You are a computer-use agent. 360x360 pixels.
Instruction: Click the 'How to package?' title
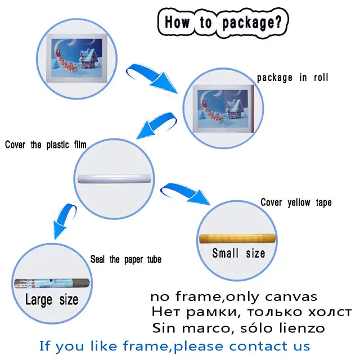[x=223, y=22]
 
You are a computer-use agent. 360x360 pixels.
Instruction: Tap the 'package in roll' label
[x=292, y=78]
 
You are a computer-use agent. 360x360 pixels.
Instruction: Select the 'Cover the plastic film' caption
[x=46, y=145]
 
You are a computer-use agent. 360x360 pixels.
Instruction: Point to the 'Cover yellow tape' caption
[x=296, y=202]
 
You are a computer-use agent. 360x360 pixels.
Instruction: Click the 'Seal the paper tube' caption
[x=126, y=259]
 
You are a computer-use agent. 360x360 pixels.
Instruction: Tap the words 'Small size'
[x=238, y=253]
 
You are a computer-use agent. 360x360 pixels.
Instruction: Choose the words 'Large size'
[x=52, y=300]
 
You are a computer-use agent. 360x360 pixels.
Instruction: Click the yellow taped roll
[x=237, y=238]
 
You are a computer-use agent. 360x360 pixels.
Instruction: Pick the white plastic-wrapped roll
[x=114, y=179]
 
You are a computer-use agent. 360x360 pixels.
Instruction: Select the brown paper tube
[x=52, y=283]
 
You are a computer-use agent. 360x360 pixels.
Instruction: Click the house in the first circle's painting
[x=89, y=59]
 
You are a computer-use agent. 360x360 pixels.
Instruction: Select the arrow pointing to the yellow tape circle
[x=184, y=192]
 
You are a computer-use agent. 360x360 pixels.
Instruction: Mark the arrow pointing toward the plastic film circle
[x=156, y=124]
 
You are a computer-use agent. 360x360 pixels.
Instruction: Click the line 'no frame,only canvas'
[x=234, y=296]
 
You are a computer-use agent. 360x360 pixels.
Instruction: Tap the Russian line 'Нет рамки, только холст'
[x=251, y=312]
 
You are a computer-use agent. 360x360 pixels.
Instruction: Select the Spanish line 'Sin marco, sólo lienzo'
[x=238, y=328]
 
